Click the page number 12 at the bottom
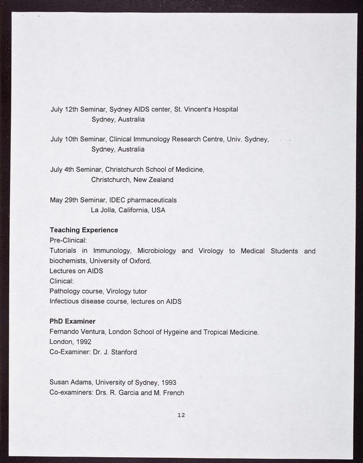pos(181,415)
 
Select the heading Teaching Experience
pos(84,230)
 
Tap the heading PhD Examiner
pos(72,321)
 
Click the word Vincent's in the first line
pos(199,109)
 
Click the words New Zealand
pos(153,180)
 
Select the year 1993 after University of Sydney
pos(168,383)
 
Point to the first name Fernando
pos(65,332)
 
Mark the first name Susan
pos(60,383)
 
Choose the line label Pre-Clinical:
pos(68,241)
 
